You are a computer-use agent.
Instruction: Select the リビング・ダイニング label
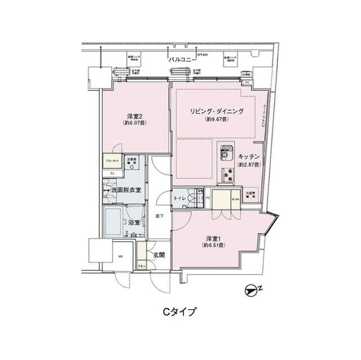[x=217, y=112]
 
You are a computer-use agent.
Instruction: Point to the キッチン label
[x=248, y=157]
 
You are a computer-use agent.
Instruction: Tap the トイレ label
[x=180, y=198]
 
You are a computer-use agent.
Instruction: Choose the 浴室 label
[x=134, y=223]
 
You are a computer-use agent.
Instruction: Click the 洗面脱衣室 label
[x=129, y=191]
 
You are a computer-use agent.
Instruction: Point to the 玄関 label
[x=158, y=255]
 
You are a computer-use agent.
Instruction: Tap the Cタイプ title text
[x=180, y=311]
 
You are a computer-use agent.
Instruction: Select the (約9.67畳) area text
[x=217, y=120]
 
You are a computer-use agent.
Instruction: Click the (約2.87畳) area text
[x=248, y=165]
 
